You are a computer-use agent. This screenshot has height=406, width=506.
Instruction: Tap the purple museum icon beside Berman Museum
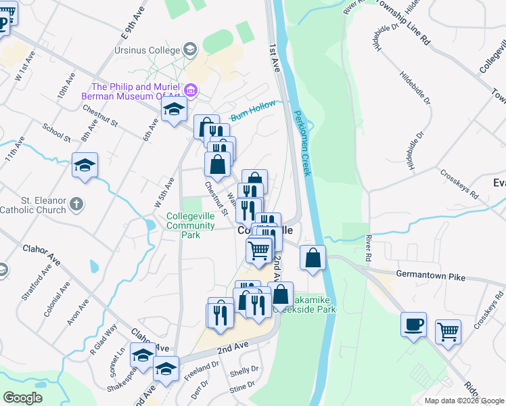pos(191,90)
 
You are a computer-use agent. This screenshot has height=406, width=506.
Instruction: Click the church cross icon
pos(78,203)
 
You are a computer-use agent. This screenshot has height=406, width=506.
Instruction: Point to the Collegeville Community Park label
pos(192,226)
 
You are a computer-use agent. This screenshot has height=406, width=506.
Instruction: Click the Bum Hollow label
pos(254,111)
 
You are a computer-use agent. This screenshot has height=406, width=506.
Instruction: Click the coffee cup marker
pos(413,325)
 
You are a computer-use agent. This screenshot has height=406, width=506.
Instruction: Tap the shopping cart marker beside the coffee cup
pos(447,333)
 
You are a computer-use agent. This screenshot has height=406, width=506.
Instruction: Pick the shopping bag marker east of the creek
pos(313,258)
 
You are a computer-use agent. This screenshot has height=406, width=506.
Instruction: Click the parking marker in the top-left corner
pos(3,24)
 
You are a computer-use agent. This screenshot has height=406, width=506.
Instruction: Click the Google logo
pos(23,398)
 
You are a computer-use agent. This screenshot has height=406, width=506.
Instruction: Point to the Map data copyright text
pos(463,401)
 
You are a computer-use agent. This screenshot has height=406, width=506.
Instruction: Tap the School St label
pos(56,129)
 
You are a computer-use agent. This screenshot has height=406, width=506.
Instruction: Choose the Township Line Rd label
pos(403,22)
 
